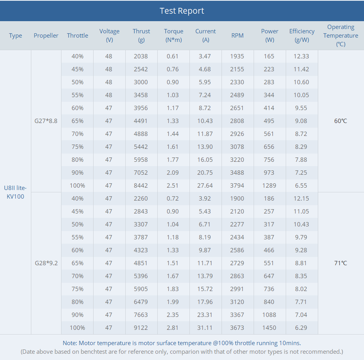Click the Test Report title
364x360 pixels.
pos(182,11)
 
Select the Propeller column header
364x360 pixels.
pos(46,36)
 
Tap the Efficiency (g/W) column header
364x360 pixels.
pos(302,35)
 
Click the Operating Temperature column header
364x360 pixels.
pos(341,35)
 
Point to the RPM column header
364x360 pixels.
pos(237,36)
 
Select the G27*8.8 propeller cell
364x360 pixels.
pos(46,121)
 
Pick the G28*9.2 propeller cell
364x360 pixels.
pos(46,263)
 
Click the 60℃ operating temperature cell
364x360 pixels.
pos(341,121)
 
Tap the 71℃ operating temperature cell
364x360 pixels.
pos(341,263)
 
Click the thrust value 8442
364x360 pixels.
pos(141,186)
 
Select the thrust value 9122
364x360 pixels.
pos(141,328)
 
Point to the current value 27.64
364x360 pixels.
pos(205,186)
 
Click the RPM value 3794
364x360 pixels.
pos(237,186)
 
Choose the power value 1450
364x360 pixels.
pos(269,328)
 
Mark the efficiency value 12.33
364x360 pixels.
pos(301,56)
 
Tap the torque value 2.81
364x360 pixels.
pos(173,328)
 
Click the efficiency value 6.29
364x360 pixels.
pos(301,328)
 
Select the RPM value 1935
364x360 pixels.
pos(237,56)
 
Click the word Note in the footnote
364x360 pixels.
pos(70,343)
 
